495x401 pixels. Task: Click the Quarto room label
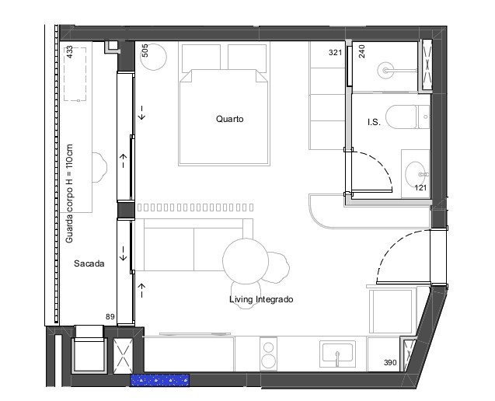(229, 119)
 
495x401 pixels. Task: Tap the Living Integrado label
(261, 299)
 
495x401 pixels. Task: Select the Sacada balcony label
(89, 263)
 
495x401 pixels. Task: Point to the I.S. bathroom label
(374, 122)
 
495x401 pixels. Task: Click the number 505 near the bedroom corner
(145, 51)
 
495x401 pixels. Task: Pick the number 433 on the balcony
(69, 52)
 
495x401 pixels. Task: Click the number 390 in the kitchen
(390, 362)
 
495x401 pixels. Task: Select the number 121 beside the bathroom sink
(420, 188)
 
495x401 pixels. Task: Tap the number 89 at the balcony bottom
(110, 317)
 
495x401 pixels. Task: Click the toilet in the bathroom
(407, 117)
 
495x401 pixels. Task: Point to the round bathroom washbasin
(417, 174)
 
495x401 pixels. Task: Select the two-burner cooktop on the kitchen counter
(268, 354)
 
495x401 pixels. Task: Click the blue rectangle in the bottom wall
(160, 380)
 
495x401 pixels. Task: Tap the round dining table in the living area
(246, 261)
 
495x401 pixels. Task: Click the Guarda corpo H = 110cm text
(69, 194)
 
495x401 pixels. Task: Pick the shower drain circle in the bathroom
(385, 71)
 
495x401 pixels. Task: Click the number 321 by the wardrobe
(335, 52)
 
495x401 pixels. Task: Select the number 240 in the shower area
(362, 51)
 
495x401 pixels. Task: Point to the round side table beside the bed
(153, 57)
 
